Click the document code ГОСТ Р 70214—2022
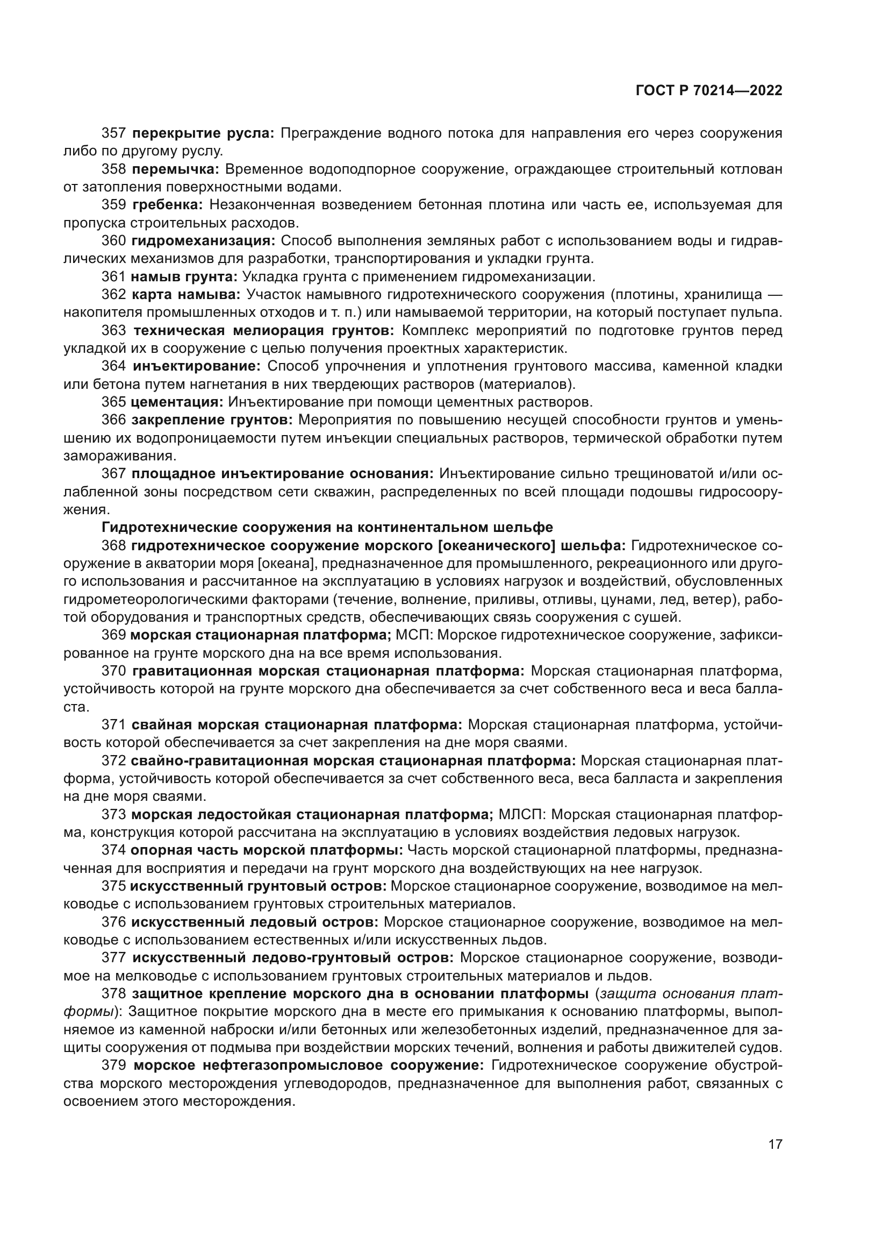(709, 91)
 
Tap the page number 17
(775, 1144)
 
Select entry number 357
(114, 133)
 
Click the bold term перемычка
(175, 169)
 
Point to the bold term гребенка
(168, 205)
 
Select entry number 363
(114, 330)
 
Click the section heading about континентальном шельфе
(327, 527)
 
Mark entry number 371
(114, 725)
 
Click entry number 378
(114, 994)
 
